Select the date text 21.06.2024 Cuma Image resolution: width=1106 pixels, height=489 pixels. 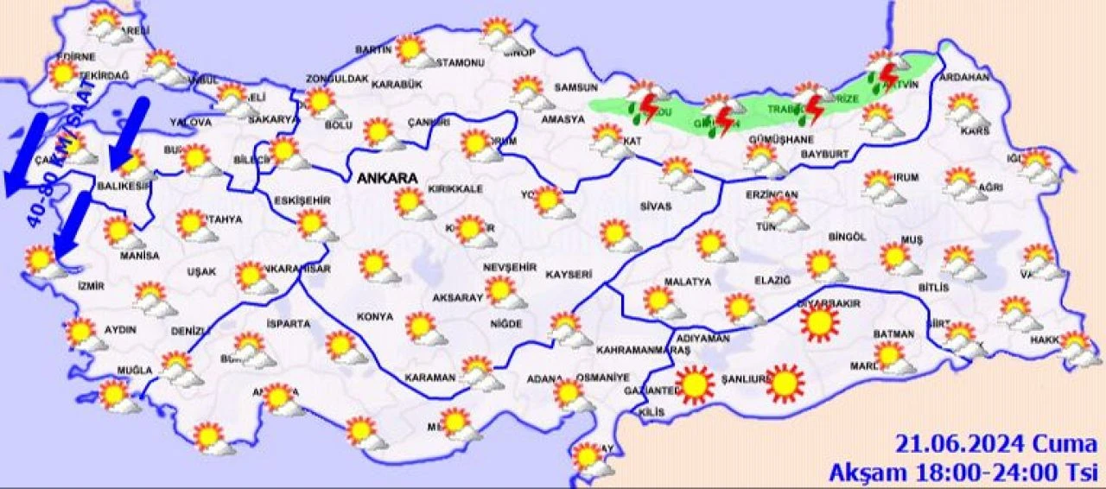click(995, 446)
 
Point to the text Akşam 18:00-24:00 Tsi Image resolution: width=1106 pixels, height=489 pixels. click(963, 473)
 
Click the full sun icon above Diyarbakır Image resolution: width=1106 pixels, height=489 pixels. click(819, 324)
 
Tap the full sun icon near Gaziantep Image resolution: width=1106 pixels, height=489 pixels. click(696, 385)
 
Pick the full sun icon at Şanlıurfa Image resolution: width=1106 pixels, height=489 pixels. click(785, 384)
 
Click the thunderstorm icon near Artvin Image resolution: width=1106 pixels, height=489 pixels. click(887, 73)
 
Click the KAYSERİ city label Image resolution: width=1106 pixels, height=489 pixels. click(568, 275)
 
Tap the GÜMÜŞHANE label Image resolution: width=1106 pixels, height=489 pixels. click(781, 139)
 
